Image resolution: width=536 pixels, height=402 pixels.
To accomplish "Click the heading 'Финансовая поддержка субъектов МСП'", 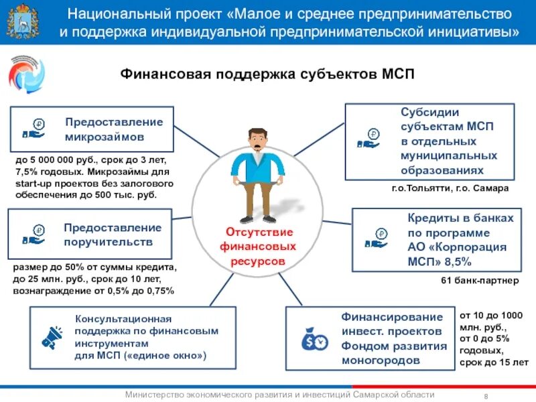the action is (x=267, y=74).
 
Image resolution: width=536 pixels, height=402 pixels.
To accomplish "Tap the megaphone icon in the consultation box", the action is (x=52, y=336).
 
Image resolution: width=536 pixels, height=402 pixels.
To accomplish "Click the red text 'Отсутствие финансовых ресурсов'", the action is (x=258, y=246).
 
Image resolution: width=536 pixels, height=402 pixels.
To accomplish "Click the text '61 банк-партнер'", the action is (x=479, y=281).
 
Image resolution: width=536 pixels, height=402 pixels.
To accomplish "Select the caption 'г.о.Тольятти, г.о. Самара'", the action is (x=450, y=189).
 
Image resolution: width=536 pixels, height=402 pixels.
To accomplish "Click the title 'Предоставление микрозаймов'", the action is (x=114, y=129).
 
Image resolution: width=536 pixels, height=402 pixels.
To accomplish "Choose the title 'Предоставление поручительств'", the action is (x=113, y=234).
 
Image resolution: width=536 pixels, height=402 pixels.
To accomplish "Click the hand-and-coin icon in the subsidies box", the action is (x=368, y=139).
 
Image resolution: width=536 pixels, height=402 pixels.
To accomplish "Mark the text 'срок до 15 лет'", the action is (x=494, y=362).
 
